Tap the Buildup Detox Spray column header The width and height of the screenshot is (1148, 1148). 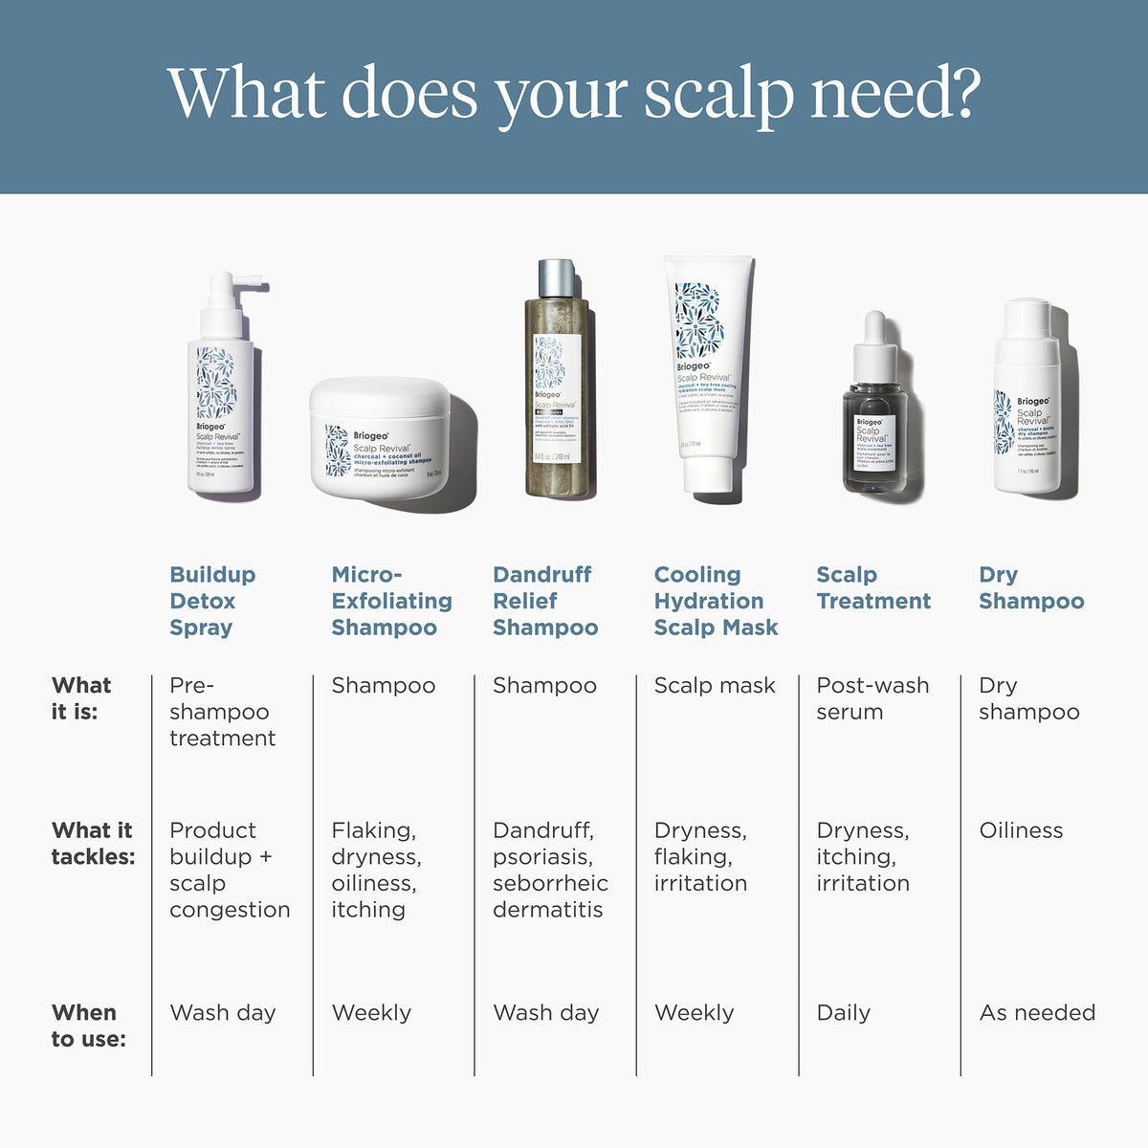(212, 601)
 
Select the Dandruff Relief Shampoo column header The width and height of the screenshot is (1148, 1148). (544, 601)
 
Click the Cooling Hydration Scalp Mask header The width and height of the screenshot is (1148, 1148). (715, 601)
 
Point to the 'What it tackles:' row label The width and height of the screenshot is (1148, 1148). (92, 843)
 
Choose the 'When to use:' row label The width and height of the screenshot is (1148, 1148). (88, 1026)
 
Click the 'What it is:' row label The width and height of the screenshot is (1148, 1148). (80, 697)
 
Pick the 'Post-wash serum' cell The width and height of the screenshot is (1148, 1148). (872, 698)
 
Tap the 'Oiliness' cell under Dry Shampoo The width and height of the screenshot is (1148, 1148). (1020, 830)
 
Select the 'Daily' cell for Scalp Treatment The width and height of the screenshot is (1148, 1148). (843, 1012)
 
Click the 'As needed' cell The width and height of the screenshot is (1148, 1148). (1036, 1012)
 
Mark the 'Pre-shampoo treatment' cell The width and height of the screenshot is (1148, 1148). (221, 712)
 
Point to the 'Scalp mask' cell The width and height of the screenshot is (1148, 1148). (714, 685)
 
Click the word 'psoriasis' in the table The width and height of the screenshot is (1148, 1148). (541, 857)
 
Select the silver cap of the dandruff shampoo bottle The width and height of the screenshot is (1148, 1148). (557, 278)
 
